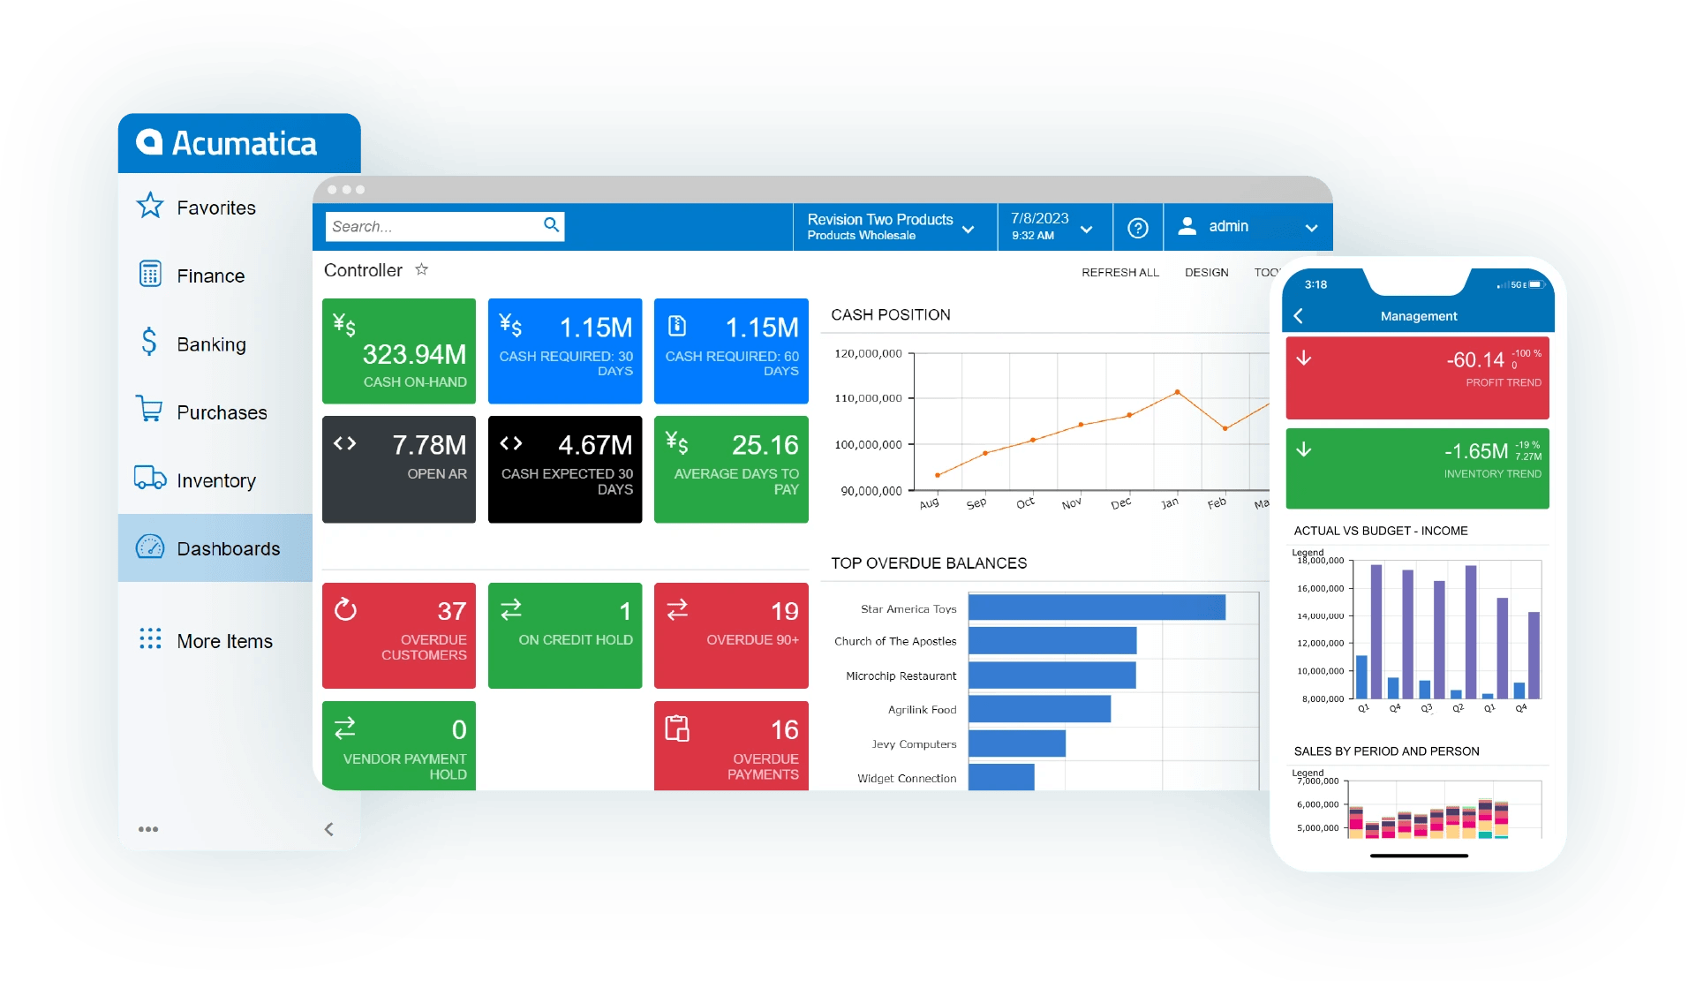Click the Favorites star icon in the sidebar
point(150,206)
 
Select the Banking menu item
point(211,344)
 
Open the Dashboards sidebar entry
point(228,548)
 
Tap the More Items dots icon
point(150,639)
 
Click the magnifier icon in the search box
point(551,225)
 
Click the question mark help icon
point(1138,228)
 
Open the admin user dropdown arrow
point(1311,228)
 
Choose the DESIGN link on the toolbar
point(1206,272)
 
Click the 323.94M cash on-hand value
point(414,354)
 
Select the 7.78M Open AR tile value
point(429,445)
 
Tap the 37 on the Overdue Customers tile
point(451,611)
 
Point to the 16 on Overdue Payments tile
point(784,730)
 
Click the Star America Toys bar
point(1097,607)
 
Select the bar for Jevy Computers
point(1017,743)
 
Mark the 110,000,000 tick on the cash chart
point(868,398)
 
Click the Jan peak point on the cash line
point(1177,392)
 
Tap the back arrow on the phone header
point(1299,316)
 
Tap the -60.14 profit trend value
point(1475,360)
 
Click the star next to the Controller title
point(422,269)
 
